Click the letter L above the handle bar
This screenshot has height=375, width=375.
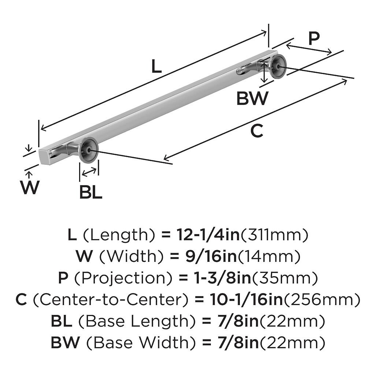(156, 67)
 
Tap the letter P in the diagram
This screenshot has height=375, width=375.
(314, 38)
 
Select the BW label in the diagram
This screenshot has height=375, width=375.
(252, 99)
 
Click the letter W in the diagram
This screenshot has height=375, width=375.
(30, 187)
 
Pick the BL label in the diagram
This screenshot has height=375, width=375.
(90, 193)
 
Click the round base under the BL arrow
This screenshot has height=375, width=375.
(88, 149)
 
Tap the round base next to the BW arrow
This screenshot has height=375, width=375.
(278, 66)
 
